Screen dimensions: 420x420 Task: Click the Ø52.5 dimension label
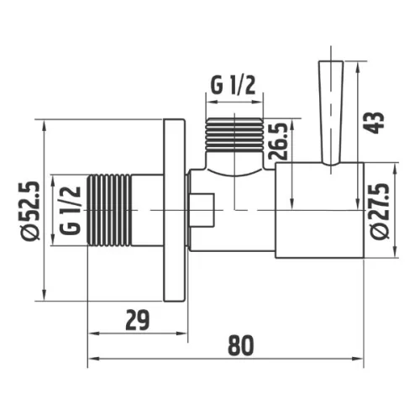[32, 211]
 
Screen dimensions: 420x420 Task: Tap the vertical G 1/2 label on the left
[70, 210]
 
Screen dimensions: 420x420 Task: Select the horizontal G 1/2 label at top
[233, 85]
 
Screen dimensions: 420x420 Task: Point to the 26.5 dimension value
[278, 141]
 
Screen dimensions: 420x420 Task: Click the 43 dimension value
[374, 123]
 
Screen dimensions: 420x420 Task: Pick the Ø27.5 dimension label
[380, 211]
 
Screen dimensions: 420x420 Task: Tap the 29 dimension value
[138, 320]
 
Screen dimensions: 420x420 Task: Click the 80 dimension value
[241, 345]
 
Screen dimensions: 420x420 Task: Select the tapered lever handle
[331, 113]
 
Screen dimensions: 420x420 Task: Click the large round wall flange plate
[174, 210]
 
